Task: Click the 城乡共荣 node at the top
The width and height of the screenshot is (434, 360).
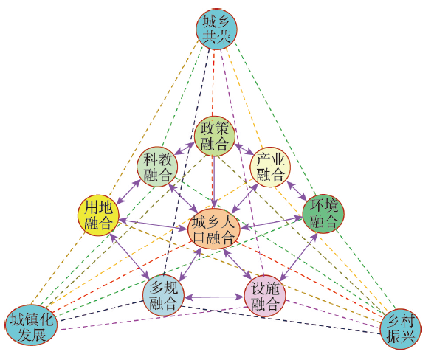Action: point(216,29)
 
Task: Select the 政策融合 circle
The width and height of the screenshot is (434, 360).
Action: point(215,136)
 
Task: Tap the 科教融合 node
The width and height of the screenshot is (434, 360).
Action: point(157,167)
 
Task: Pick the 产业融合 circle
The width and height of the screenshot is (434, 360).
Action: point(270,167)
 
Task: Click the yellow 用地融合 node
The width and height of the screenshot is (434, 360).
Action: point(98,215)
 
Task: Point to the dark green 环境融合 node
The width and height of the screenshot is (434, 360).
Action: point(323,214)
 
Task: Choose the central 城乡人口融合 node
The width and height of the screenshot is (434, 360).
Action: point(213,229)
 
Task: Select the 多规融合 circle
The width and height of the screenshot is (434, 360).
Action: point(163,296)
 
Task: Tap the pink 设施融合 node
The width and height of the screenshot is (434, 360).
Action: point(265,296)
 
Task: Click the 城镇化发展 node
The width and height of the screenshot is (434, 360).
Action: point(31,325)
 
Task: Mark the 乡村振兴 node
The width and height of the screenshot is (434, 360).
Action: point(401,329)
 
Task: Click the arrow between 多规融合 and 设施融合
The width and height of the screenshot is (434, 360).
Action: point(214,297)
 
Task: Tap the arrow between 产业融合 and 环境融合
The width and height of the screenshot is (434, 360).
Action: point(297,191)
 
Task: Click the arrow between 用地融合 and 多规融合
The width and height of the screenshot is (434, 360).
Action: point(130,256)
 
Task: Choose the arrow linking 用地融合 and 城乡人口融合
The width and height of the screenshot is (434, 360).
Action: point(153,224)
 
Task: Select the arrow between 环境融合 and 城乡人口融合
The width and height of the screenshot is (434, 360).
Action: point(272,223)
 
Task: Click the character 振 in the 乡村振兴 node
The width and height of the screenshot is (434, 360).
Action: point(393,336)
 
